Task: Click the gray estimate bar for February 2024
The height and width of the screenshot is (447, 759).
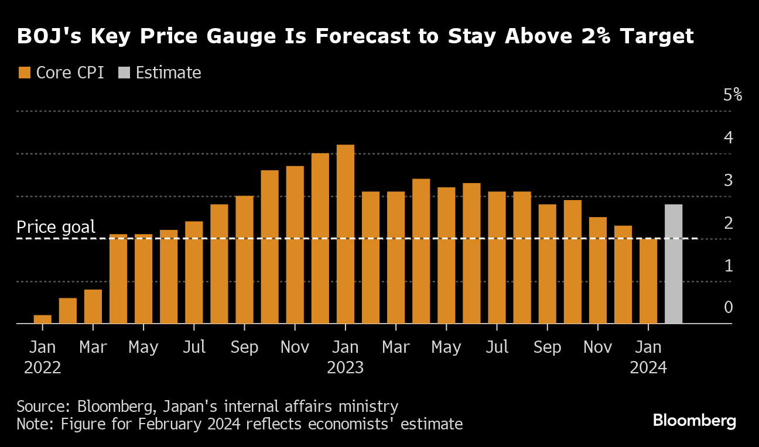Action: coord(673,264)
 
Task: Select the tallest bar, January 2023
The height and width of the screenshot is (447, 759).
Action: coord(346,234)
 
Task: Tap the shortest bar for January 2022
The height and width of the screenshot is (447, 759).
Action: coord(43,319)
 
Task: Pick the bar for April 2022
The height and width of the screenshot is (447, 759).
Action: coord(118,279)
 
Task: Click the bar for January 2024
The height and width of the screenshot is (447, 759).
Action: coord(648,281)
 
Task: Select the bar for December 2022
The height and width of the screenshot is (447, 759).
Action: coord(320,238)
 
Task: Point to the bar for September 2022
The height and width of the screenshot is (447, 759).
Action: coord(244,260)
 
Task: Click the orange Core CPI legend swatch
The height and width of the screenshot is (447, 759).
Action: coord(25,73)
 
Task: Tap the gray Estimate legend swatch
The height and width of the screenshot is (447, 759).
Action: coord(124,73)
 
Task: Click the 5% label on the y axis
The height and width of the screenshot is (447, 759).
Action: coord(732,95)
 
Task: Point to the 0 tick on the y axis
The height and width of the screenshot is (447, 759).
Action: coord(728,307)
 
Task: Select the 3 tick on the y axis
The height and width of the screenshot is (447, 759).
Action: coord(728,180)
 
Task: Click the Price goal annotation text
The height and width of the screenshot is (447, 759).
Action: coord(56,227)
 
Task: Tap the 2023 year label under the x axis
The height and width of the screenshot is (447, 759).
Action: coord(346,368)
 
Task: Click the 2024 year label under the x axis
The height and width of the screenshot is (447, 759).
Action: coord(648,368)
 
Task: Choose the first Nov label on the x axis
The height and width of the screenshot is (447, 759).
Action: coord(295,347)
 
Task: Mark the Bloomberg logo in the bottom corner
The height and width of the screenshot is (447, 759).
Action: coord(694,420)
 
